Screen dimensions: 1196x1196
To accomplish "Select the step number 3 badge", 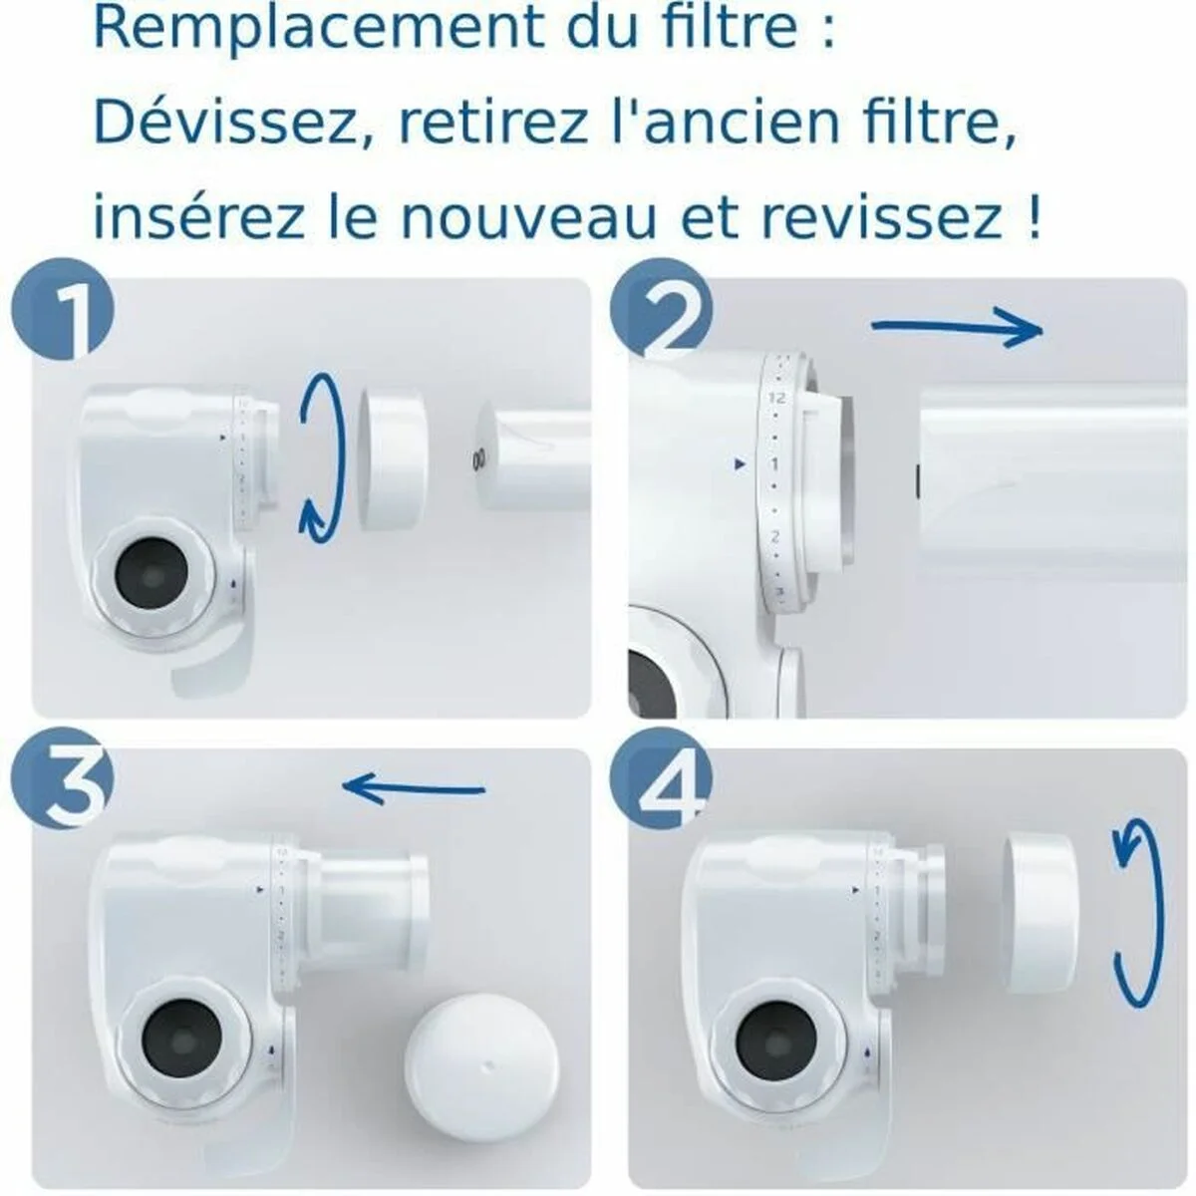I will pos(63,789).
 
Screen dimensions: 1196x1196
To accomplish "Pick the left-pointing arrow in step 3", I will pos(413,789).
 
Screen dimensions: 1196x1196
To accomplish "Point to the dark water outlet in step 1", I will pos(149,575).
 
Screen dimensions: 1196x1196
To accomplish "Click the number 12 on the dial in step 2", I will pos(778,398).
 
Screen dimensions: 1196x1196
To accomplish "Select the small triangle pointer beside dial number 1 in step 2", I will pos(739,463).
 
